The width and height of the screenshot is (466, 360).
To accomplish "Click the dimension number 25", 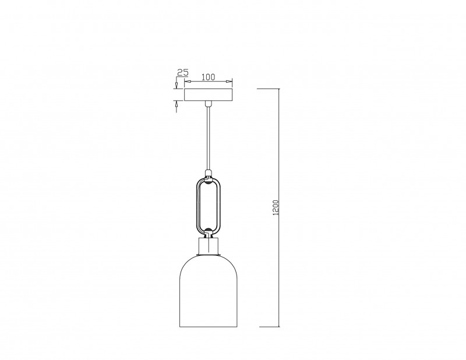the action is click(183, 72).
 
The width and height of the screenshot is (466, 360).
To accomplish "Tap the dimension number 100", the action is click(208, 77).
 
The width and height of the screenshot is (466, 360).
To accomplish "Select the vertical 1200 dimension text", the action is click(276, 207).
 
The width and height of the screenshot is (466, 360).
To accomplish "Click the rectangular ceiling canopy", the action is click(209, 94).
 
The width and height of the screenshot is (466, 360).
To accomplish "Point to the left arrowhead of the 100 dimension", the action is click(187, 81).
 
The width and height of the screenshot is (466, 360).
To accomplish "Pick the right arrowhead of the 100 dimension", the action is click(230, 81).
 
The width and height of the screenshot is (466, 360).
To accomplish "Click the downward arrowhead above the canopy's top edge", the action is click(176, 85).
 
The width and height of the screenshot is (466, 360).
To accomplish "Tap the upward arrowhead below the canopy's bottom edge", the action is click(176, 104).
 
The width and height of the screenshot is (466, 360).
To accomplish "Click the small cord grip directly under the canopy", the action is click(209, 104).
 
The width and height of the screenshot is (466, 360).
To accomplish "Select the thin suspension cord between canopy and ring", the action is click(209, 138).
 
